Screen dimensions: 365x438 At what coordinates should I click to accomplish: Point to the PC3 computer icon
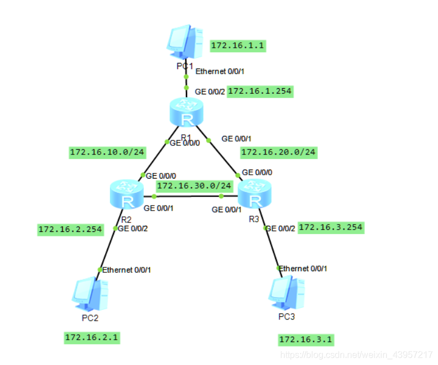286,294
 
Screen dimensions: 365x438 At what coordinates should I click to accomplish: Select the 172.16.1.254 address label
260,91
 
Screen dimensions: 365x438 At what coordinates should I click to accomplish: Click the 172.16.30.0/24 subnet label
194,185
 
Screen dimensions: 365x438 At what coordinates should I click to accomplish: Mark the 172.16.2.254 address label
70,229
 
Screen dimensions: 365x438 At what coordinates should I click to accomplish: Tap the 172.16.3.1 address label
306,339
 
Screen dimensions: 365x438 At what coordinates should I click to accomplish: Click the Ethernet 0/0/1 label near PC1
220,71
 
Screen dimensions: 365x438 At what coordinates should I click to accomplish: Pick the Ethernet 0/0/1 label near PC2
126,270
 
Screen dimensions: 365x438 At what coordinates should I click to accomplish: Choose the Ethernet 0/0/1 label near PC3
303,268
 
